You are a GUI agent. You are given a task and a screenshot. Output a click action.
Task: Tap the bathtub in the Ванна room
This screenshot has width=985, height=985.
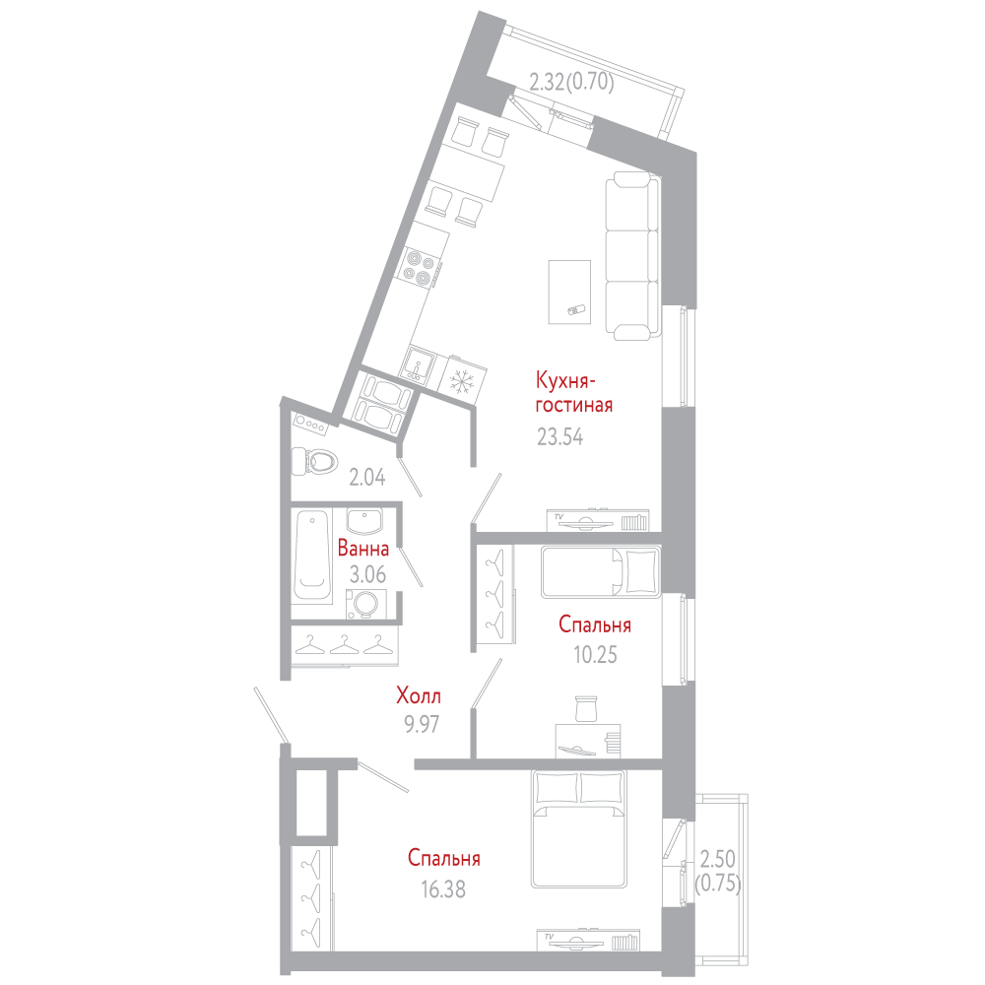tap(312, 556)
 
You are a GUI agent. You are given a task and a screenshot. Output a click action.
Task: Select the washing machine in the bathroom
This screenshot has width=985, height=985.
tap(365, 605)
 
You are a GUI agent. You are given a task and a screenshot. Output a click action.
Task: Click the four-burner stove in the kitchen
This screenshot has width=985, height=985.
tap(420, 267)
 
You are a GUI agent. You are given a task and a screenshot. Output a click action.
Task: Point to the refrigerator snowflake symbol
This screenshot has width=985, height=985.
tap(463, 379)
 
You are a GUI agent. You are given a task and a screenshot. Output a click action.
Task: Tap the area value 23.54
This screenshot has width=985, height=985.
tap(559, 436)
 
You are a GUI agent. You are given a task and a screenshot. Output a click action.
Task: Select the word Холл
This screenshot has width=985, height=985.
tap(419, 695)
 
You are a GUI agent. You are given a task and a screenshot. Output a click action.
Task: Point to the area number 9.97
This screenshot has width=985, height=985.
tap(422, 724)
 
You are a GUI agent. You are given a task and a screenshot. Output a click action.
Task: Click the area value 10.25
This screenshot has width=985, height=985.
tap(595, 655)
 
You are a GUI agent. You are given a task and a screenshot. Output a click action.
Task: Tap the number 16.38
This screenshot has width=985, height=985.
tap(443, 888)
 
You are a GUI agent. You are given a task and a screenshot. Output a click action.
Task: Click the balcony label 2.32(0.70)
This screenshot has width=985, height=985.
tap(571, 82)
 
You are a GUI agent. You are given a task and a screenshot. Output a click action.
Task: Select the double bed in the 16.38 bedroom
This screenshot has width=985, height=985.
tap(579, 828)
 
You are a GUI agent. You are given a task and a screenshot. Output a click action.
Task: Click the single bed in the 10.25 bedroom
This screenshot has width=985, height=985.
tap(601, 571)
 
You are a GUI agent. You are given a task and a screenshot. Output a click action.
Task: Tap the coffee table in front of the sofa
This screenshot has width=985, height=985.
tap(569, 293)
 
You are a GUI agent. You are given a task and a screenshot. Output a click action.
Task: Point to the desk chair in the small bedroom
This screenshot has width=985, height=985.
tap(586, 708)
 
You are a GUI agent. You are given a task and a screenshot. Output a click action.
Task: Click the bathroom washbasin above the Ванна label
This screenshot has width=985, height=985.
tap(364, 521)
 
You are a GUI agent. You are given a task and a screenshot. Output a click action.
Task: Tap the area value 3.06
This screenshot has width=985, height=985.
tap(367, 574)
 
